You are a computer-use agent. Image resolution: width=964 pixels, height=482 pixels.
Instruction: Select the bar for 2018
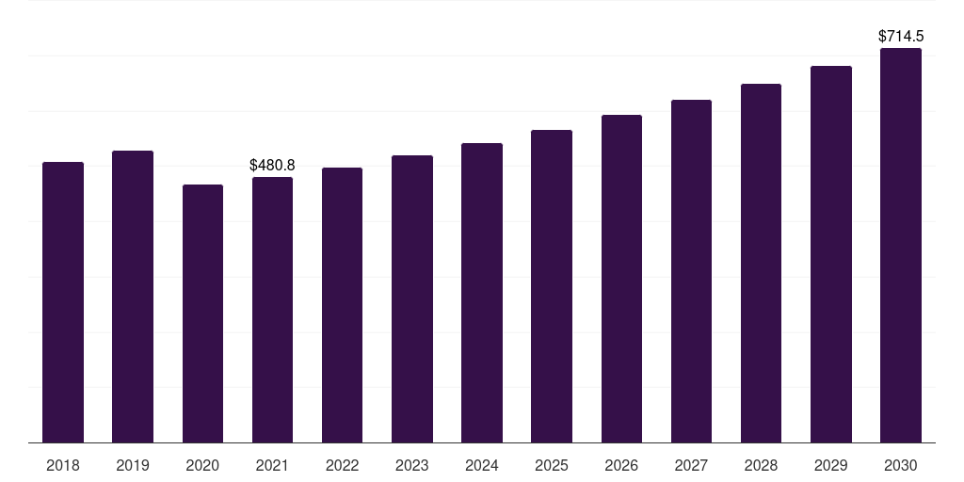(63, 302)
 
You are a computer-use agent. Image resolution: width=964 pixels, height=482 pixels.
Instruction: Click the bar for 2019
(133, 297)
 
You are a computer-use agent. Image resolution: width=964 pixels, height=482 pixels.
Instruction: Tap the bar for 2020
(203, 313)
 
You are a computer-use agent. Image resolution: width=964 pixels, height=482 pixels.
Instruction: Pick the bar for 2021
(272, 310)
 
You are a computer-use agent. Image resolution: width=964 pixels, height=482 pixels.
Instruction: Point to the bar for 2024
(482, 293)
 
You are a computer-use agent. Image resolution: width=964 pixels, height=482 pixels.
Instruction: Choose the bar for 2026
(621, 279)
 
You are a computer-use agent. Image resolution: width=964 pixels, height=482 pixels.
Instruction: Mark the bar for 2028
(761, 264)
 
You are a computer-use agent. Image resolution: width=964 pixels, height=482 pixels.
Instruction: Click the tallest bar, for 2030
(901, 246)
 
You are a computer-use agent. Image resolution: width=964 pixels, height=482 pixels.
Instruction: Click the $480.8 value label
(272, 166)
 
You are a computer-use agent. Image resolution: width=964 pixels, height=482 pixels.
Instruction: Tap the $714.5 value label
(901, 37)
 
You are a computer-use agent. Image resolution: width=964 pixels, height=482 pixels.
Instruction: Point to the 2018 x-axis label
(63, 465)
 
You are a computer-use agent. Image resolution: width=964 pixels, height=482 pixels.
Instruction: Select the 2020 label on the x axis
(203, 465)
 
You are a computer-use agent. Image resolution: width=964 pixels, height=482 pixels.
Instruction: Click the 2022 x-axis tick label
(342, 465)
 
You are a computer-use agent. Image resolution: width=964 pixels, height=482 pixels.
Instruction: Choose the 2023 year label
(412, 465)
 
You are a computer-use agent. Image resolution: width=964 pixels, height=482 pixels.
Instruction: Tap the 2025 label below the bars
(552, 465)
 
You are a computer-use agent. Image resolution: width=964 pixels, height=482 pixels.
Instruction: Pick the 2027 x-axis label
(691, 465)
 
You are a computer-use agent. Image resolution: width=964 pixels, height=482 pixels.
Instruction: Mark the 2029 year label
(830, 465)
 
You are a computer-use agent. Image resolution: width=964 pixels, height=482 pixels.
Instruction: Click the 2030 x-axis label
(901, 465)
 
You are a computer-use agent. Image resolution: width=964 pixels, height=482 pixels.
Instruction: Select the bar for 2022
(342, 305)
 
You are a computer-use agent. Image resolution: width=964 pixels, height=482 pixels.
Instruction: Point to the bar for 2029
(831, 254)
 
